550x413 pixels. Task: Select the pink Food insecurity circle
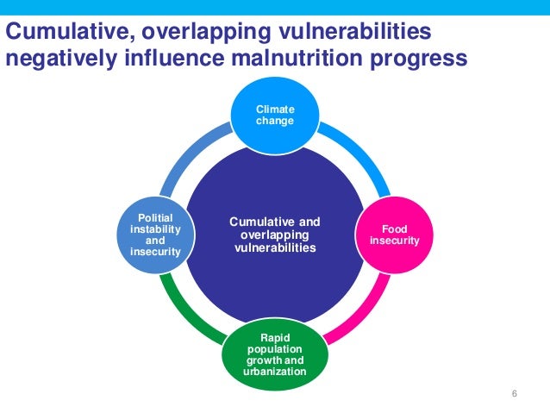pos(395,235)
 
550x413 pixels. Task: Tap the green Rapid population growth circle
pos(274,353)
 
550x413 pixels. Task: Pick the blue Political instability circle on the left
pos(155,235)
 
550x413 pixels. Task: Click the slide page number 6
pos(515,394)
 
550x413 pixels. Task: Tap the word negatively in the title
pos(59,59)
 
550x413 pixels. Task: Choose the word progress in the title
pos(421,59)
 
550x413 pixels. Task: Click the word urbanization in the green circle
pos(274,372)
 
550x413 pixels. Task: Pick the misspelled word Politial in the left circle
pos(155,218)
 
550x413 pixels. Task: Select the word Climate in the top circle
pos(274,110)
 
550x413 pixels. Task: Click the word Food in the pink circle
pos(395,229)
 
